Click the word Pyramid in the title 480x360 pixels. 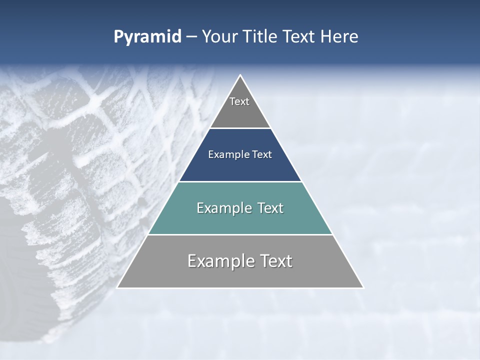click(x=147, y=37)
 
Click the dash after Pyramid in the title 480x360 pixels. click(x=191, y=37)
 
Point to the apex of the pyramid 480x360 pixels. click(x=240, y=76)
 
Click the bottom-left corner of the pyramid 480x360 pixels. click(x=118, y=287)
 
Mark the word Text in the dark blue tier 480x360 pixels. click(x=261, y=154)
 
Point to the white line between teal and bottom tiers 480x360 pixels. click(x=240, y=234)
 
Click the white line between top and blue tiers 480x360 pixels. click(x=240, y=128)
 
